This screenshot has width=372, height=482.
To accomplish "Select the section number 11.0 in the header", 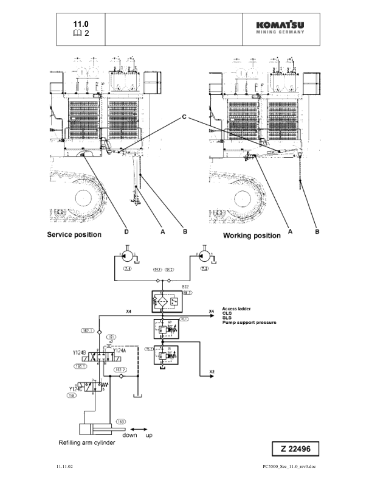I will [81, 23].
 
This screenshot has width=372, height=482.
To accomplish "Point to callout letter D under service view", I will [126, 232].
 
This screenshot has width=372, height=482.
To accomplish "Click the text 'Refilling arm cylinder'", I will [86, 442].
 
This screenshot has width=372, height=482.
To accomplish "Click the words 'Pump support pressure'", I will [249, 321].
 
